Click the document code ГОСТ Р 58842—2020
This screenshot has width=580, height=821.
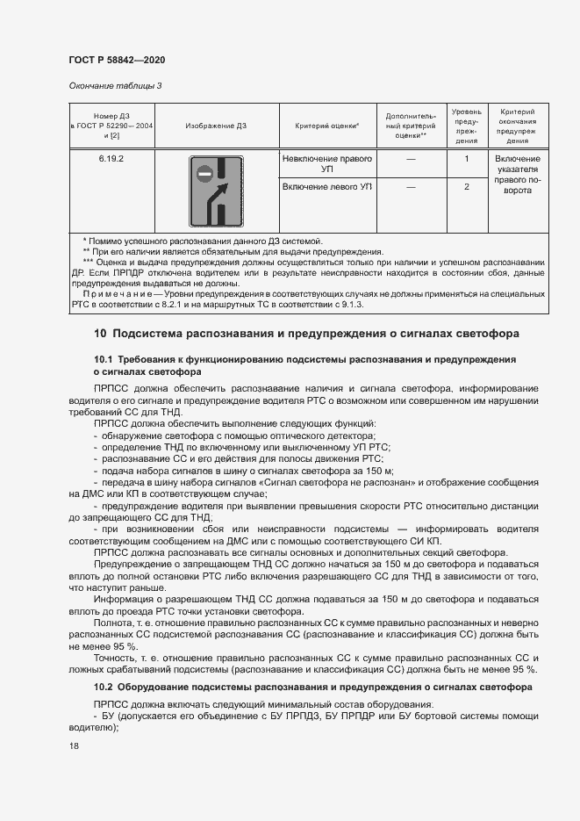click(116, 60)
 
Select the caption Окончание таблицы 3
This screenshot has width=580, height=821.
click(115, 86)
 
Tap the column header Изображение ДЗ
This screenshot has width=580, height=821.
click(216, 126)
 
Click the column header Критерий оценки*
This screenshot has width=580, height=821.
click(326, 126)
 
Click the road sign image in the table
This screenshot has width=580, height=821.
click(216, 191)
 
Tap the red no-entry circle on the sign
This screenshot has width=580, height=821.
click(204, 174)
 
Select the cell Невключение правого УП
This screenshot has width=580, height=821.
click(326, 164)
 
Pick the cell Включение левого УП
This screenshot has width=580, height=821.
click(326, 187)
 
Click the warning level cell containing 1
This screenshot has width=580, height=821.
click(466, 159)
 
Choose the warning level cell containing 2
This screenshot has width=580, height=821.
click(466, 187)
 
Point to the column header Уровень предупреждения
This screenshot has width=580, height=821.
click(466, 126)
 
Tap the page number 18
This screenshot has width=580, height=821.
click(74, 745)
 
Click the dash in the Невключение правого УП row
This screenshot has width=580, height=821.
click(411, 159)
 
